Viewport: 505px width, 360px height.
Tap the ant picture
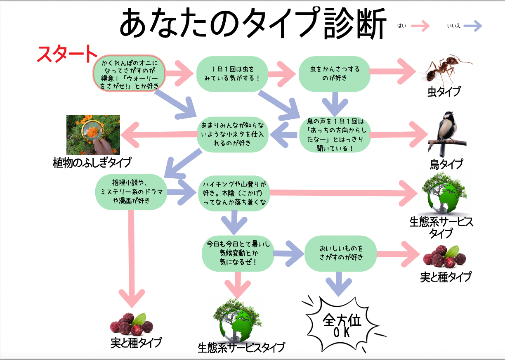(x=446, y=70)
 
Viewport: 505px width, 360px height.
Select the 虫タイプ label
(x=444, y=92)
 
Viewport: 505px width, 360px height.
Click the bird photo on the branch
(x=446, y=132)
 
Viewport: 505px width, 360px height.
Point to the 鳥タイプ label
(x=446, y=164)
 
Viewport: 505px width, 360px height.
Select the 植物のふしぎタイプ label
(x=92, y=162)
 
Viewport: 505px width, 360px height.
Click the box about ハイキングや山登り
(x=234, y=193)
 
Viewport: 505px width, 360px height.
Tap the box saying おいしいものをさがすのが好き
(x=340, y=253)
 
